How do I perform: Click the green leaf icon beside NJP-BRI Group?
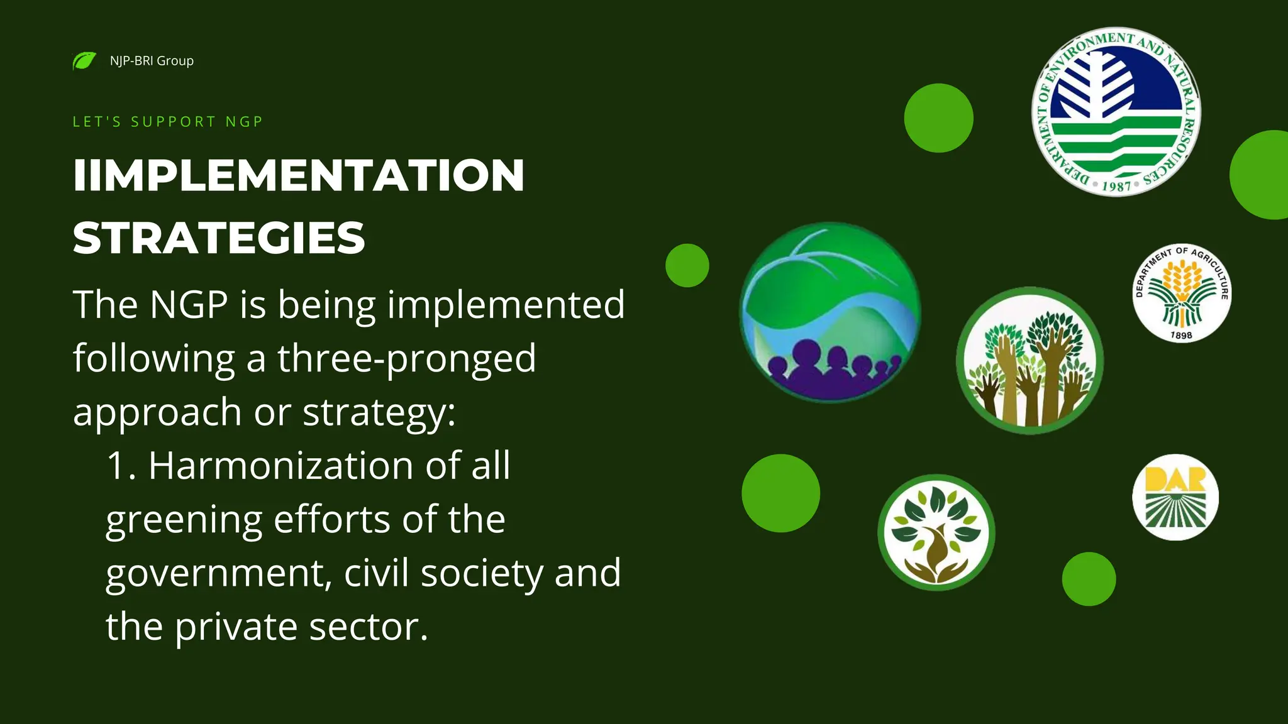[84, 61]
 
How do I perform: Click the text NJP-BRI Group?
[152, 61]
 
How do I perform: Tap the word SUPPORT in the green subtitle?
[173, 121]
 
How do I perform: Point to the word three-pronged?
[406, 358]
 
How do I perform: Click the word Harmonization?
[280, 466]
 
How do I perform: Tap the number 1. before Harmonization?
[121, 466]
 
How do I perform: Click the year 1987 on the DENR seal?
[1116, 186]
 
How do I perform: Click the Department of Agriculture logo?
[1182, 293]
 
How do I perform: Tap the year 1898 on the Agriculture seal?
[1181, 336]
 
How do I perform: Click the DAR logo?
[1175, 496]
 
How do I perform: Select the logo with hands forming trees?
[1030, 361]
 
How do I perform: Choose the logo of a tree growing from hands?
[936, 532]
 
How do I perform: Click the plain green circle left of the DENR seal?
[938, 118]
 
